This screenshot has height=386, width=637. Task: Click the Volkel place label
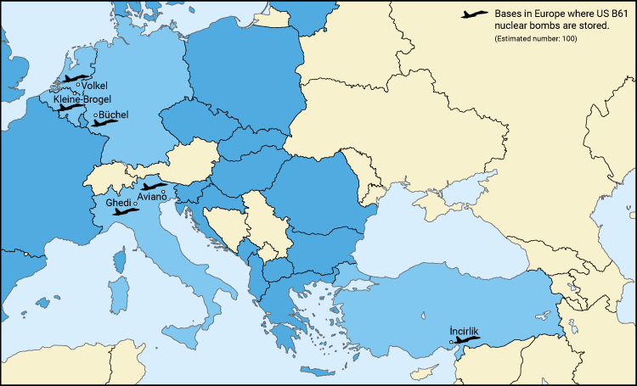94,85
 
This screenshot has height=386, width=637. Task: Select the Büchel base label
113,114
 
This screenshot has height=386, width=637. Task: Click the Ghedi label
118,204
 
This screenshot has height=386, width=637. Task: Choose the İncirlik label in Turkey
463,331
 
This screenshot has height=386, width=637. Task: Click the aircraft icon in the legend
474,14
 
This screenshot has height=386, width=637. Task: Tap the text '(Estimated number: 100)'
535,40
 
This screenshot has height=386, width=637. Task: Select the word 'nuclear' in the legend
510,27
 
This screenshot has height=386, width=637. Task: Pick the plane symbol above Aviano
154,186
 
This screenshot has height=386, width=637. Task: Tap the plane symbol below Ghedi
126,212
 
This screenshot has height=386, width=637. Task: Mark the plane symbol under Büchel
105,123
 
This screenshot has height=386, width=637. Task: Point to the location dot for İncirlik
451,342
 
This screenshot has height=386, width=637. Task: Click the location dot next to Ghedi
135,204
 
